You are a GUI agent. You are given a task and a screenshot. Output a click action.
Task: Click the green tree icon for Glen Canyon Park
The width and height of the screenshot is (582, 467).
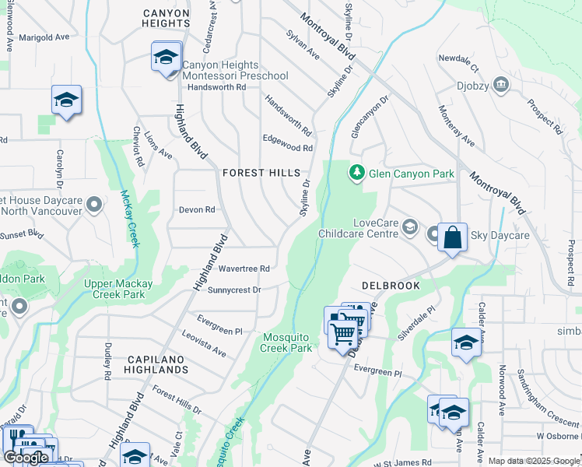[x=357, y=172]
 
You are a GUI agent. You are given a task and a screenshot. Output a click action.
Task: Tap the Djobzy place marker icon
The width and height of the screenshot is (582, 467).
[x=501, y=83]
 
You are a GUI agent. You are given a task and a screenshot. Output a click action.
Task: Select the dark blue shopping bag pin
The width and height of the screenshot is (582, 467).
[x=452, y=237]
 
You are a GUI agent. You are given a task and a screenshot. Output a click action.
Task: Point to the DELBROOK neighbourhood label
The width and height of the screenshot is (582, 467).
[x=391, y=286]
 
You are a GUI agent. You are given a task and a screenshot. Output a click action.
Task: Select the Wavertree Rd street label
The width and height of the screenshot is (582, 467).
[x=244, y=269]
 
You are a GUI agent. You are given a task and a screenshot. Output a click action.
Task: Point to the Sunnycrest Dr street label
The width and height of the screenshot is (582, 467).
[x=233, y=290]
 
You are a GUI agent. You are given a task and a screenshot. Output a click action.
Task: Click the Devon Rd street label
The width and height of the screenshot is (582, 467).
[x=196, y=209]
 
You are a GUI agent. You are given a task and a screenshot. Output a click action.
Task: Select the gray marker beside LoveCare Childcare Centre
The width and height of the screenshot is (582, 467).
[x=411, y=228]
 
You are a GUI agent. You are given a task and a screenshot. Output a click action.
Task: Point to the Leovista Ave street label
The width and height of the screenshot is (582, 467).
[x=203, y=342]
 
